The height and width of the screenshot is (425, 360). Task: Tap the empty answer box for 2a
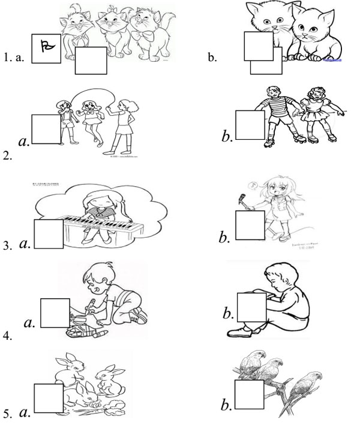[x=46, y=129]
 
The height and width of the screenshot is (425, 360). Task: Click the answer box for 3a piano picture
[x=49, y=234]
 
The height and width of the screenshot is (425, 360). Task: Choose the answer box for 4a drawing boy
[x=55, y=313]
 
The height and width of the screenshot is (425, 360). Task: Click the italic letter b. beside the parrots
[x=227, y=406]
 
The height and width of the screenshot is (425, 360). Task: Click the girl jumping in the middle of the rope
[x=90, y=120]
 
